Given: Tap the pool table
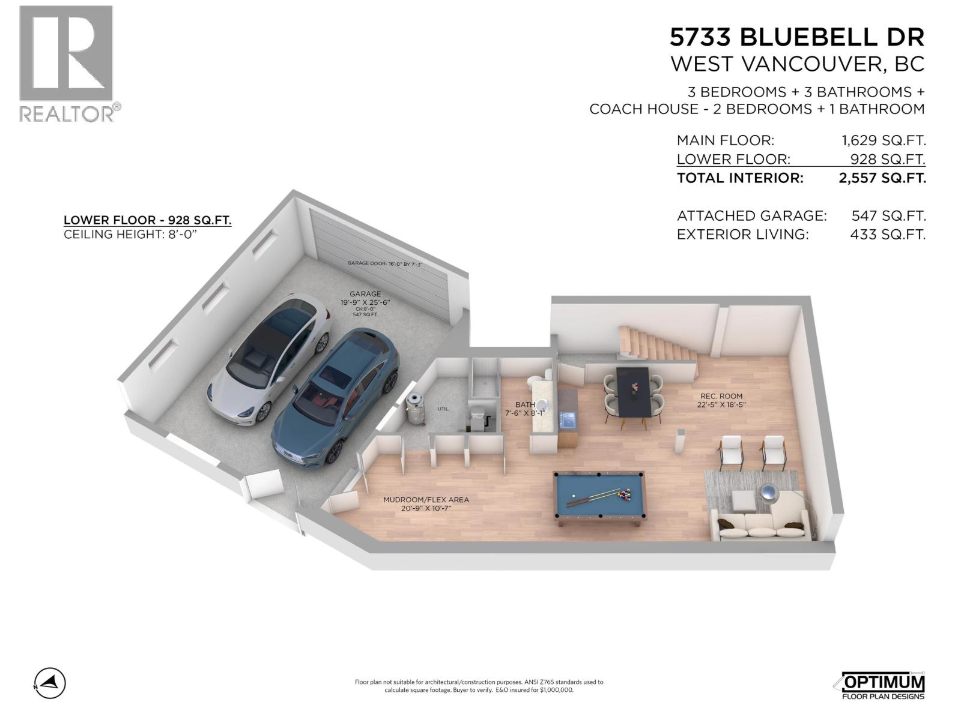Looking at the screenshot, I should [x=598, y=496].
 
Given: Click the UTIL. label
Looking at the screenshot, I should [x=443, y=409].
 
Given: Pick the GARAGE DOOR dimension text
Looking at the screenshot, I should [x=385, y=263].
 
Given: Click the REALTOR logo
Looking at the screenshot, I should [x=67, y=63].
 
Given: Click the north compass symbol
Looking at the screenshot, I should [x=50, y=683].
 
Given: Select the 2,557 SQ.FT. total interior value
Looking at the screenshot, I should [x=882, y=178].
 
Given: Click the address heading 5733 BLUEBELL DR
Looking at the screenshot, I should [x=796, y=37].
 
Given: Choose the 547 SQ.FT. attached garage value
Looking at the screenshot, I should [x=888, y=216].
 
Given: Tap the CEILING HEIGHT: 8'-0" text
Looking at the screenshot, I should [x=130, y=235].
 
